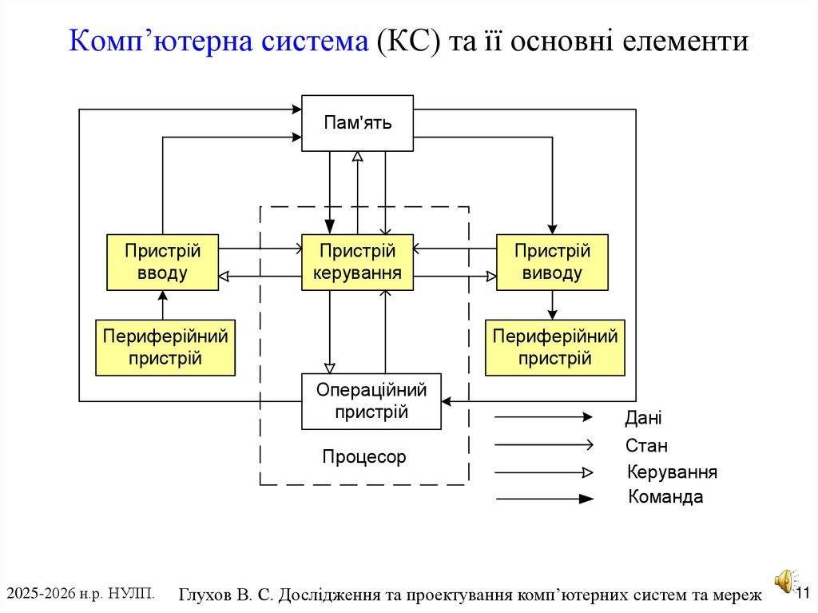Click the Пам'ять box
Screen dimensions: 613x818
pos(357,123)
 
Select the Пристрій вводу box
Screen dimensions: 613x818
pos(162,262)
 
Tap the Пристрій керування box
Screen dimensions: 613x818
pos(357,262)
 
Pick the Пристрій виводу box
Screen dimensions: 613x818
pos(552,262)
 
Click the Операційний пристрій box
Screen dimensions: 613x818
pos(371,401)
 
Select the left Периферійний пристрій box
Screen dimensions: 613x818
pos(165,347)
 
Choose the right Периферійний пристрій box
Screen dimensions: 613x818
pos(555,347)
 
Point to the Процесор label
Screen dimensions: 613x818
pos(364,457)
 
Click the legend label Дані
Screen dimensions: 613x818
pos(643,418)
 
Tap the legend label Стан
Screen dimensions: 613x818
pos(646,446)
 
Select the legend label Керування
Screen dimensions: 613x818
pos(672,472)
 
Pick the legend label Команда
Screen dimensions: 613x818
pos(665,497)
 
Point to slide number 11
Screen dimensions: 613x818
pos(803,592)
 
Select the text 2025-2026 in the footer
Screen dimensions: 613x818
pos(40,593)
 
